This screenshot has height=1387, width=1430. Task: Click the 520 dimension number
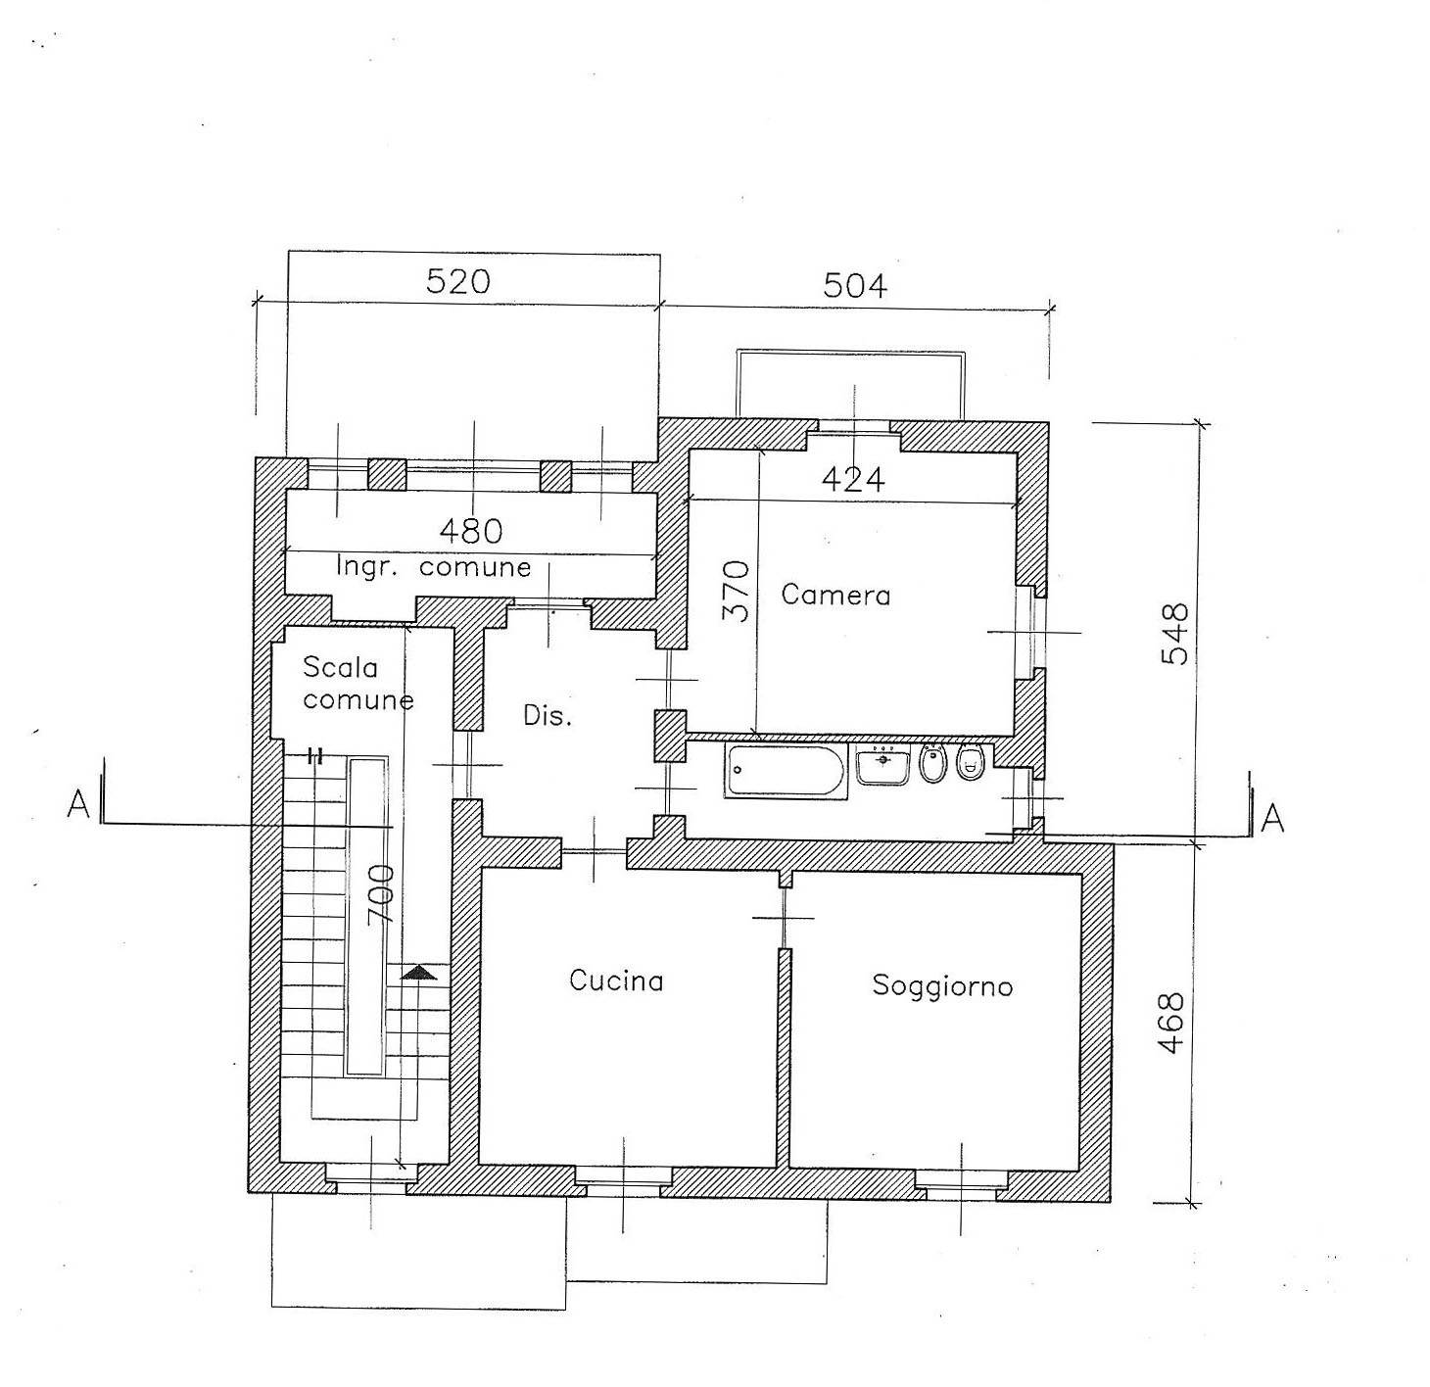point(457,281)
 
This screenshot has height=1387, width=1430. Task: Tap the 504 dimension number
point(855,285)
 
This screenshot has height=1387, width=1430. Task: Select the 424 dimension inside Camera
point(853,480)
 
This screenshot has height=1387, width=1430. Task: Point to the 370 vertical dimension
point(737,592)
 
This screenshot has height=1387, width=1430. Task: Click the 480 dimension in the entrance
point(471,531)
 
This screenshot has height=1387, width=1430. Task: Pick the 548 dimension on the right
point(1174,634)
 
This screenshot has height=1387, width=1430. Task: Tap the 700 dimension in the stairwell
point(381,895)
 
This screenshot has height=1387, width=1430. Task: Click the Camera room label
point(835,595)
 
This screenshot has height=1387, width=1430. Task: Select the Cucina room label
point(616,980)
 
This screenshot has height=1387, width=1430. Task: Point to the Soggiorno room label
point(942,986)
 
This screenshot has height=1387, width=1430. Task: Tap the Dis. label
point(548,715)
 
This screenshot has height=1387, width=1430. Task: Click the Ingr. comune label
point(434,567)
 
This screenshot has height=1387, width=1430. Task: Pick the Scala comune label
point(357,684)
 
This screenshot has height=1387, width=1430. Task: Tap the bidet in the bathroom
point(932,764)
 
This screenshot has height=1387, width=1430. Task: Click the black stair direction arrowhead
point(419,973)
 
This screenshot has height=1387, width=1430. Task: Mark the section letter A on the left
point(78,803)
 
